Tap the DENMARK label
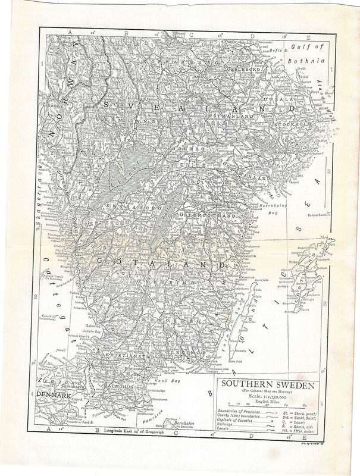tap(51, 394)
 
